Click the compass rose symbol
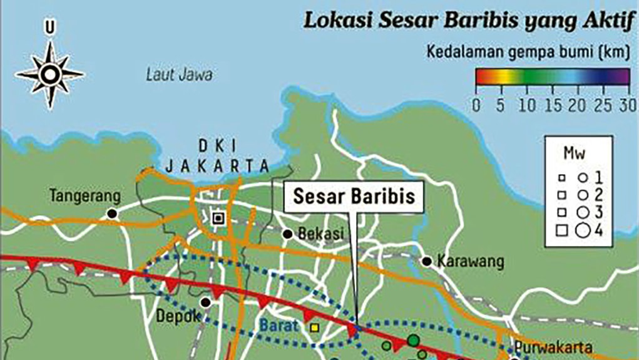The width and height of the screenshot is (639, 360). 49,75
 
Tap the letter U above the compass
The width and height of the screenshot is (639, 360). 49,27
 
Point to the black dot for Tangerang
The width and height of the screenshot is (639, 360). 113,213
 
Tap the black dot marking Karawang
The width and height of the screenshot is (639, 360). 427,261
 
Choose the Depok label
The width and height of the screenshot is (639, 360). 183,316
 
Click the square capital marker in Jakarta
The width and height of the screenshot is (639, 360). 218,218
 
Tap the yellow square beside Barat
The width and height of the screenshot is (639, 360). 314,327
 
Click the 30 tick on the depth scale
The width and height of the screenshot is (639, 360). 627,104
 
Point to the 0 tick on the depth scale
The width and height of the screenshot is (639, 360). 477,104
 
